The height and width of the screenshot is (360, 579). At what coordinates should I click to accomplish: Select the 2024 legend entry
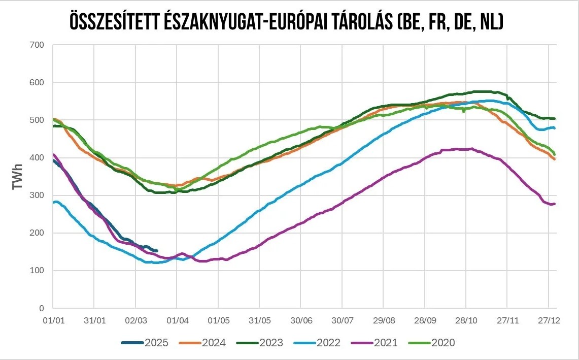pos(202,343)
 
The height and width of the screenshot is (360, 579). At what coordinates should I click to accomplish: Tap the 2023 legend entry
pos(260,343)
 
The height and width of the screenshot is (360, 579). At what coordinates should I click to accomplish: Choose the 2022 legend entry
pos(317,343)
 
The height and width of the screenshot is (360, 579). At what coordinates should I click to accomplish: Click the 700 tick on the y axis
pos(38,45)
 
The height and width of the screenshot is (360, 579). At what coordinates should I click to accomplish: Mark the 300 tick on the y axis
pos(38,195)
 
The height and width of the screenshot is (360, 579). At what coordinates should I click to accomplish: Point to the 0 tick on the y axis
pos(42,308)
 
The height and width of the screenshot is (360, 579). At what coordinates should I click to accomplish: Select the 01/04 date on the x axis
pos(176,321)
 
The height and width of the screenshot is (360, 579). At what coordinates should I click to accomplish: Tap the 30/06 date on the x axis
pos(300,321)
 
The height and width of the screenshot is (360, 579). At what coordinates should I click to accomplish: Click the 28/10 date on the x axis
pos(466,321)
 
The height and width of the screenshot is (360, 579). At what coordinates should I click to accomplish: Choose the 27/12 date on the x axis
pos(549,321)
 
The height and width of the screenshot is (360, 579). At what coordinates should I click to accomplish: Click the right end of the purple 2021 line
pos(555,204)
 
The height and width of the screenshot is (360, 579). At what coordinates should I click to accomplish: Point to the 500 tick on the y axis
pos(38,120)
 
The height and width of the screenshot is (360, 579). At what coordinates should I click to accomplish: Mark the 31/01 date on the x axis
pos(94,321)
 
